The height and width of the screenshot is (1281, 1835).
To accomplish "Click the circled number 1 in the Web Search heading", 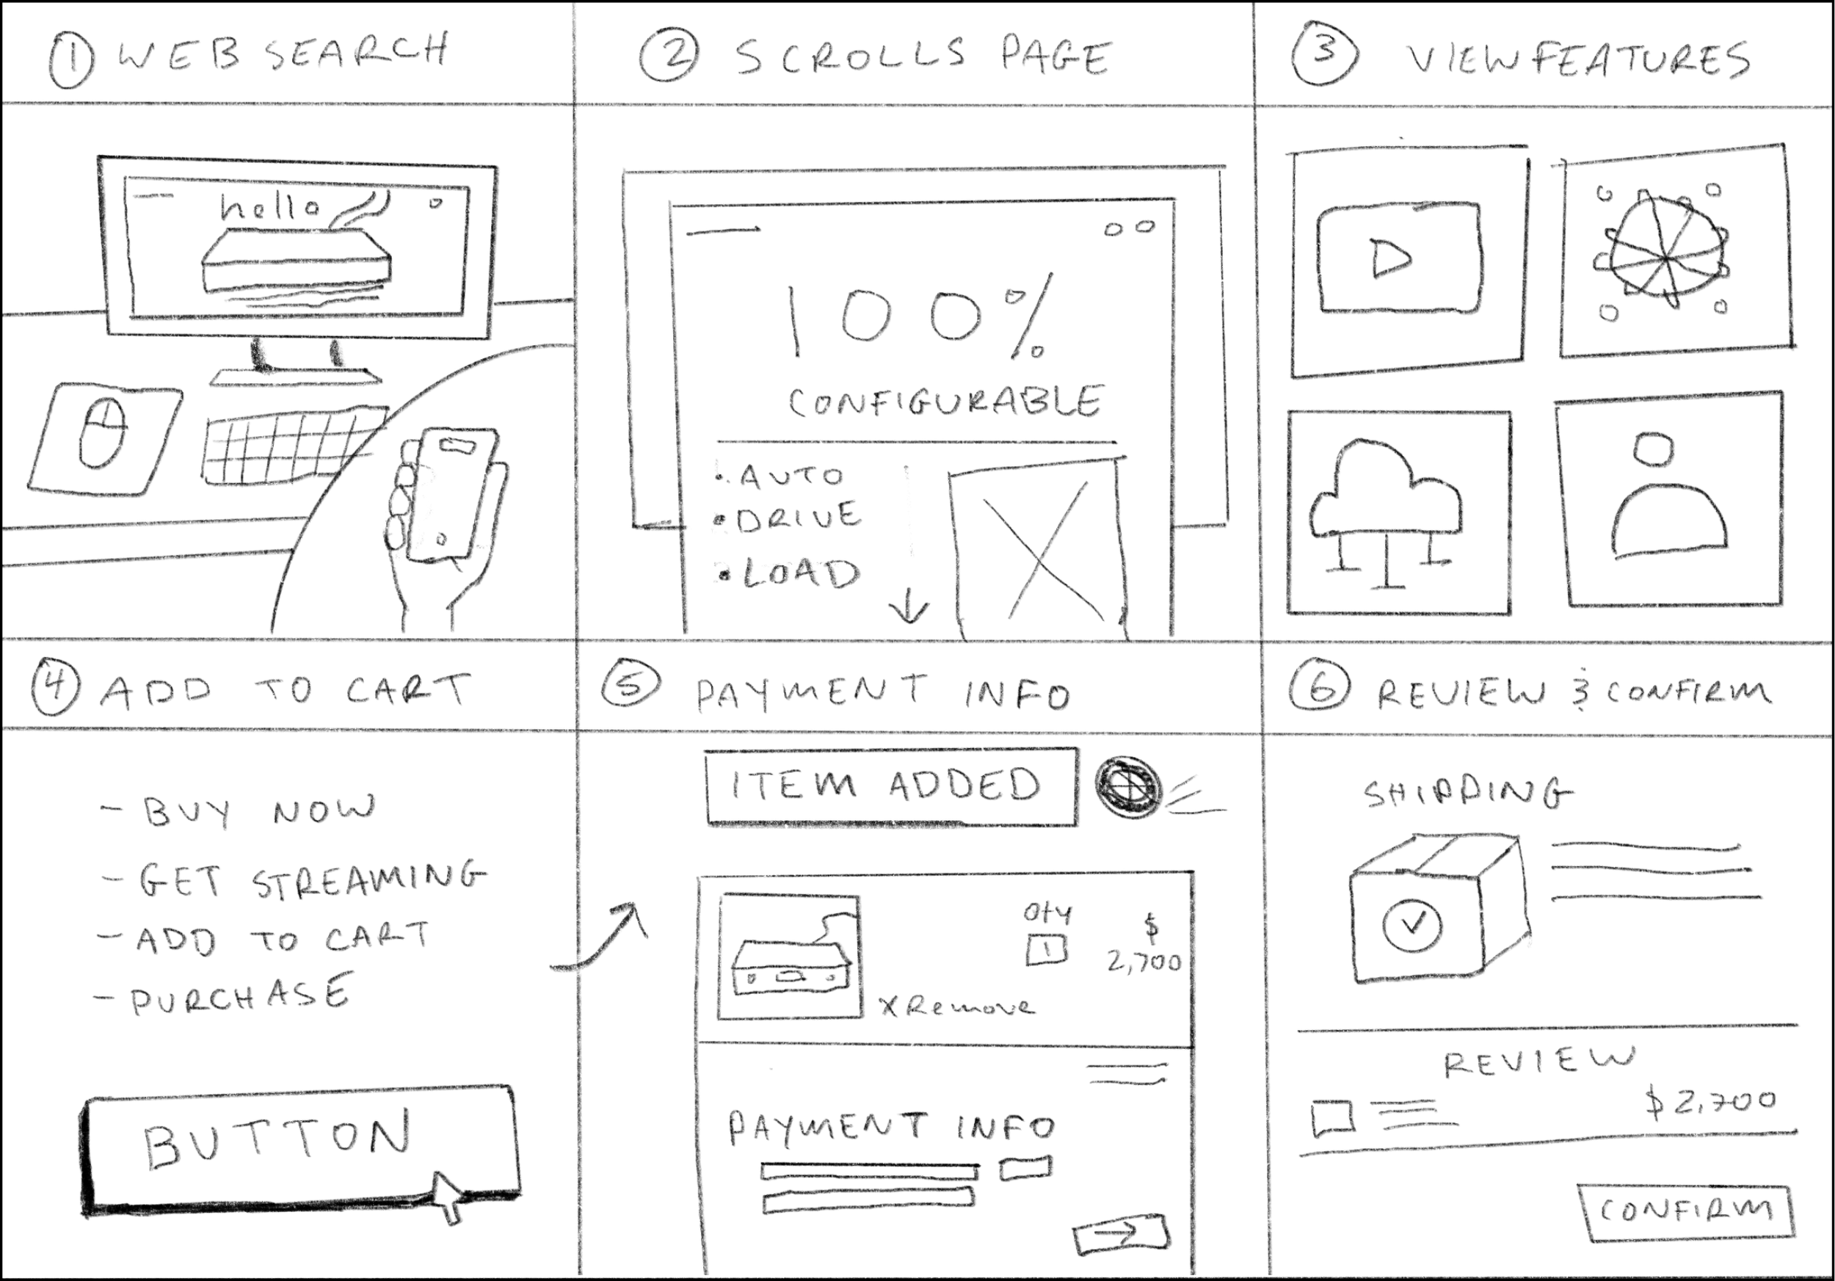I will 70,62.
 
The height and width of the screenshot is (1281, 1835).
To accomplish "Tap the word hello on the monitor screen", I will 269,207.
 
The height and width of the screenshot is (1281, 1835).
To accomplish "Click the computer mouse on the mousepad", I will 102,433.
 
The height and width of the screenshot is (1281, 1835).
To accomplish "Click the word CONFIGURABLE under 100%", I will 945,402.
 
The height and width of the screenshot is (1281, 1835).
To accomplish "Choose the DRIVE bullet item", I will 798,518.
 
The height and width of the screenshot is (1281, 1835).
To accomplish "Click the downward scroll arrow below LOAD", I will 909,610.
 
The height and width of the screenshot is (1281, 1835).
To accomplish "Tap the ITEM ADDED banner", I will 890,786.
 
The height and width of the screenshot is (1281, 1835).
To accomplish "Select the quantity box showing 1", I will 1046,950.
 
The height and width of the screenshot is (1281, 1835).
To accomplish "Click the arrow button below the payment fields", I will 1121,1233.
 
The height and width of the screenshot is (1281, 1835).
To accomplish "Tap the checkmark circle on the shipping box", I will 1411,924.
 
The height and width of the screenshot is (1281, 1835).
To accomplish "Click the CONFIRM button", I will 1685,1211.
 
